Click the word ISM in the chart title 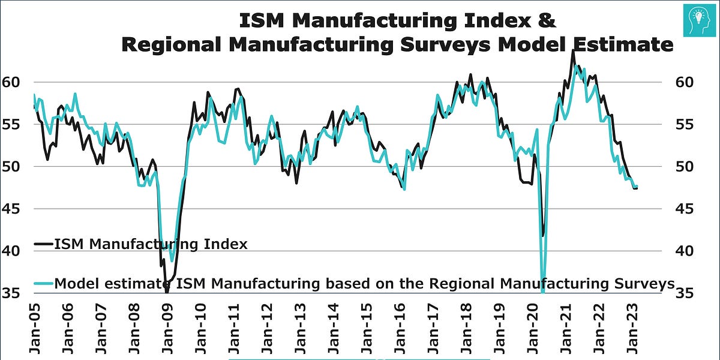pos(260,20)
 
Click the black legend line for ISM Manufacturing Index pos(43,244)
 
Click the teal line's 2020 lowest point pos(543,292)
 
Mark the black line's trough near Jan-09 pos(166,291)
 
